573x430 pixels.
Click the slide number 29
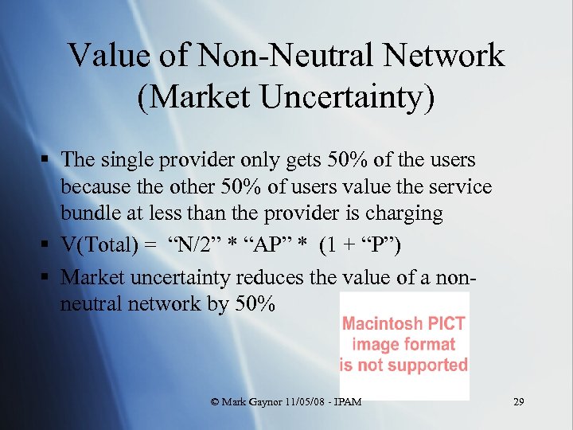[x=519, y=402]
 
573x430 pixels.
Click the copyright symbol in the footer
[x=214, y=403]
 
